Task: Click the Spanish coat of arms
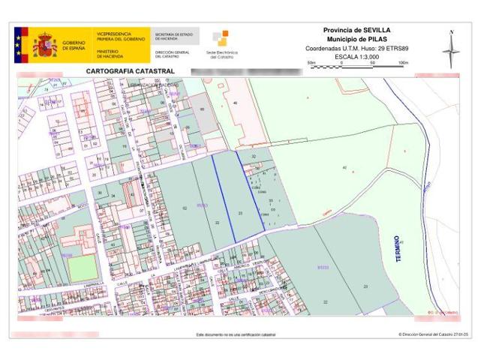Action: click(44, 46)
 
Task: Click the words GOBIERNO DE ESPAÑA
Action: click(74, 46)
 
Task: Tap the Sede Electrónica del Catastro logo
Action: click(221, 44)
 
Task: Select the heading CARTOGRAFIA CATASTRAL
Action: click(131, 71)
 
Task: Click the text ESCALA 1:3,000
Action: click(357, 56)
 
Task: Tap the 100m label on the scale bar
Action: click(403, 62)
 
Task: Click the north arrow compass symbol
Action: click(451, 49)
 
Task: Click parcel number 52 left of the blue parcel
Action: click(184, 208)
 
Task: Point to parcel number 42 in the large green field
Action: click(344, 166)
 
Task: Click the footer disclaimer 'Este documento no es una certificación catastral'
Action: click(236, 334)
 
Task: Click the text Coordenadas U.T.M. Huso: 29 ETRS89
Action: click(356, 48)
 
